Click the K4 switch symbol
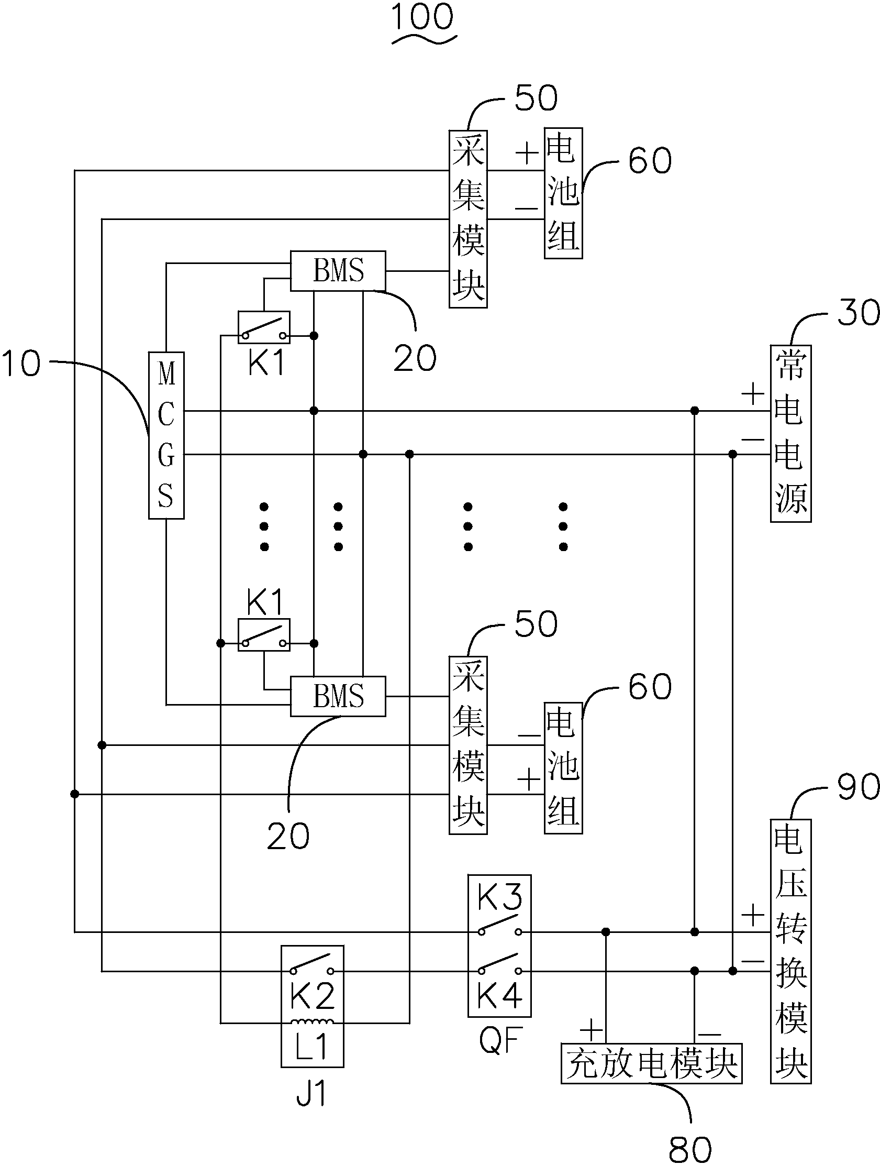pos(499,965)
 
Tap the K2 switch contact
pos(312,965)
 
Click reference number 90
pos(858,787)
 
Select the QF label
pos(500,1040)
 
